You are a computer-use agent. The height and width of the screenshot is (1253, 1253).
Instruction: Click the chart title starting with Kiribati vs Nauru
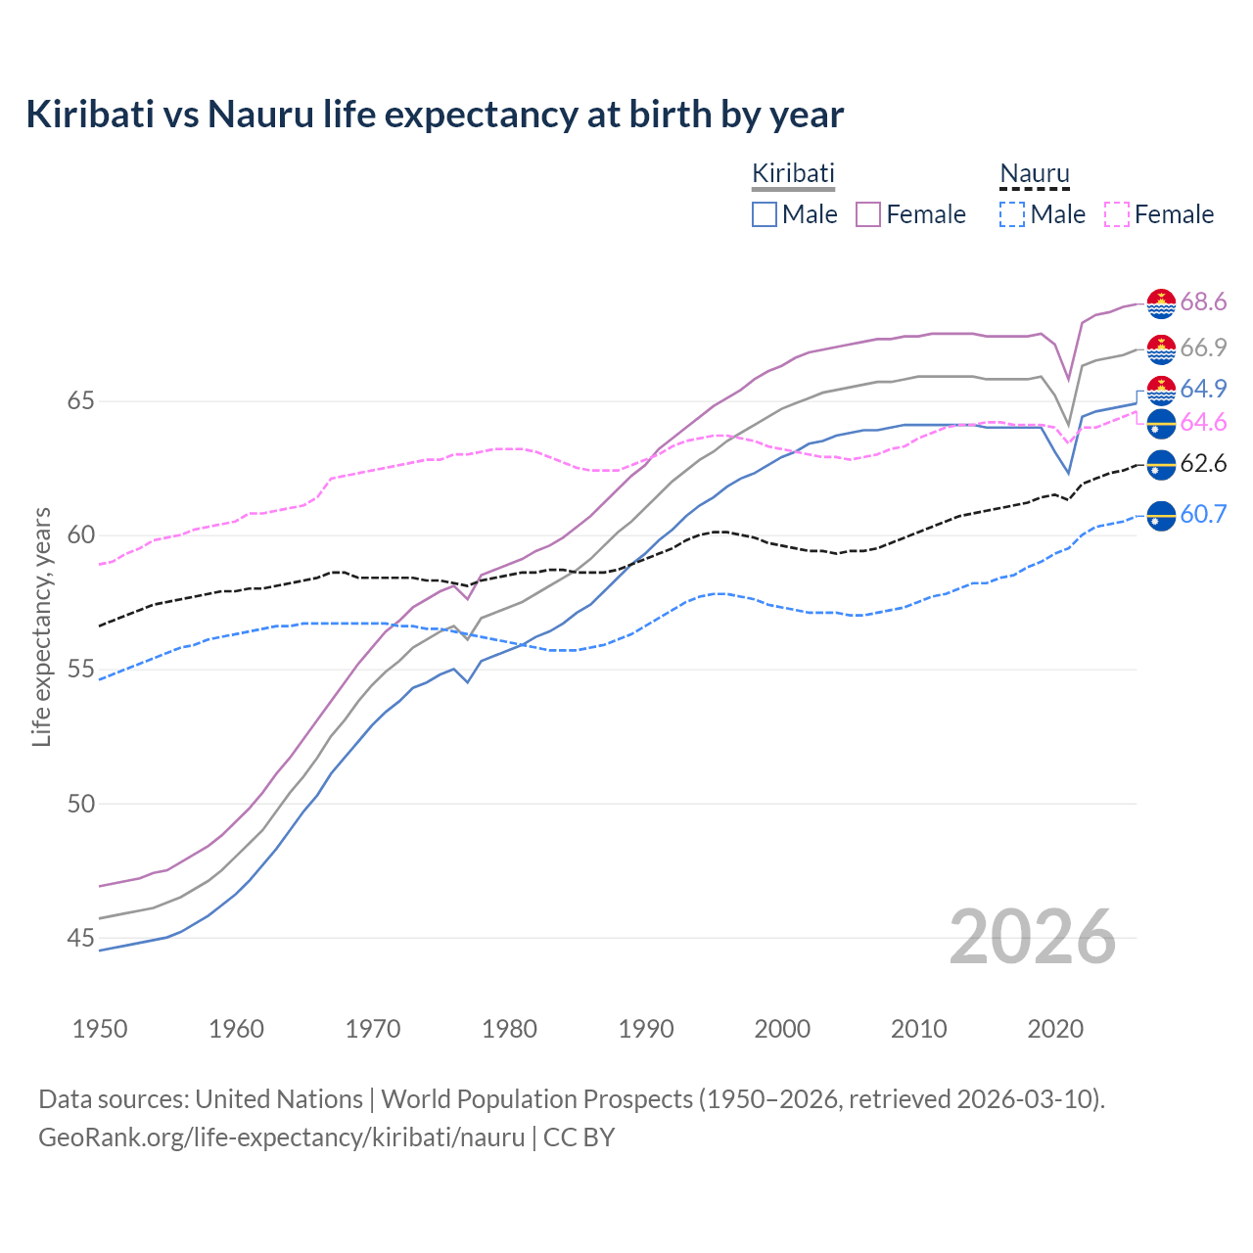pos(435,115)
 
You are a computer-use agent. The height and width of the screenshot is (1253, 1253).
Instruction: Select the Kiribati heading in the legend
pos(793,173)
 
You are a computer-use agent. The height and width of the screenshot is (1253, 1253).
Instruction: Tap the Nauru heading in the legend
pos(1034,174)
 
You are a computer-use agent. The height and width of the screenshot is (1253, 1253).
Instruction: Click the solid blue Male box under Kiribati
pos(765,214)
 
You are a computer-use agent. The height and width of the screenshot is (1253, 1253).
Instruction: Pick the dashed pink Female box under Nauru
pos(1117,214)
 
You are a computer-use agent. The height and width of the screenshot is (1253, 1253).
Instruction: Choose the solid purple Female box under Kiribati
pos(868,214)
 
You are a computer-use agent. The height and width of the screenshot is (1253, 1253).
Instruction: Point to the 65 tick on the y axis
pos(81,401)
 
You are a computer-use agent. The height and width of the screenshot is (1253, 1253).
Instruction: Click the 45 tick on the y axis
pos(81,938)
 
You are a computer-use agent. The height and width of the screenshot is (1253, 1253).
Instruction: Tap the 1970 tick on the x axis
pos(373,1029)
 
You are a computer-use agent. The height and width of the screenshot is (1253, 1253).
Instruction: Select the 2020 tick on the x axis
pos(1055,1029)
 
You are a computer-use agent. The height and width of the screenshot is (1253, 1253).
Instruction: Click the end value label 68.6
pos(1203,302)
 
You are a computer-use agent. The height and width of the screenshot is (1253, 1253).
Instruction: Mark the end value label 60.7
pos(1203,514)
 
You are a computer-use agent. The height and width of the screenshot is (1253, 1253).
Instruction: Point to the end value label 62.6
pos(1203,463)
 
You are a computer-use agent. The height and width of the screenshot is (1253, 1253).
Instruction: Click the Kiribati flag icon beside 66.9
pos(1161,348)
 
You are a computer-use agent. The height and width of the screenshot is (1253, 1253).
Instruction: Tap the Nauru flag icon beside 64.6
pos(1161,424)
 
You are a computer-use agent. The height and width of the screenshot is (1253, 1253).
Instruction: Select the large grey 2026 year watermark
pos(1033,937)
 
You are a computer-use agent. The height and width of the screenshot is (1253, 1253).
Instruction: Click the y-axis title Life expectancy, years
pos(41,626)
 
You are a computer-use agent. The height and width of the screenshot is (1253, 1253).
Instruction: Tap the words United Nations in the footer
pos(279,1099)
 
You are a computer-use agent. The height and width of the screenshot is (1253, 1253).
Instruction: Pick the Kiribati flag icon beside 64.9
pos(1161,390)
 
